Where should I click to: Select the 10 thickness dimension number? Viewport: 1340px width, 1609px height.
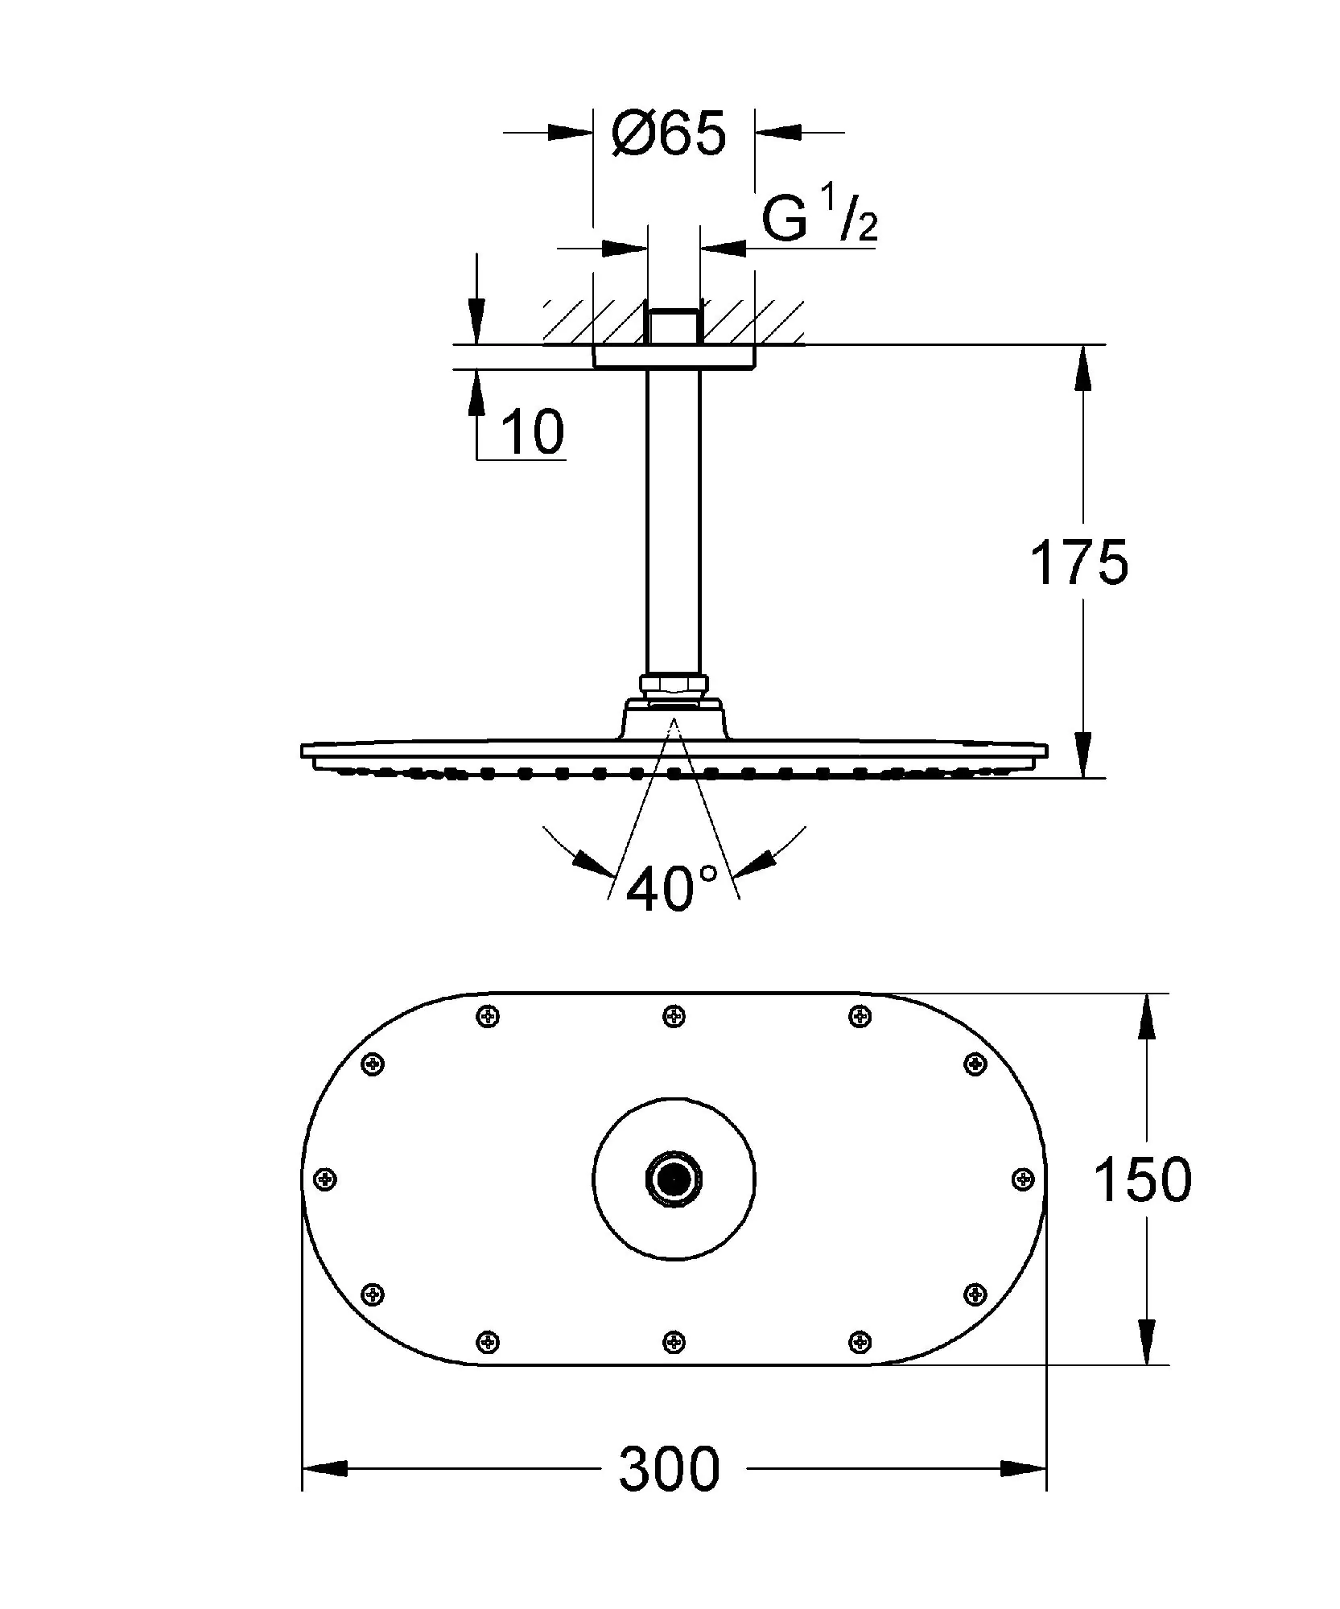(x=532, y=432)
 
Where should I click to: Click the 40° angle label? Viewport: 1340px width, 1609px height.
(x=671, y=889)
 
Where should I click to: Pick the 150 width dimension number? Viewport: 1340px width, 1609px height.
(x=1141, y=1180)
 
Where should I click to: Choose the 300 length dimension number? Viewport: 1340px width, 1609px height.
(x=669, y=1469)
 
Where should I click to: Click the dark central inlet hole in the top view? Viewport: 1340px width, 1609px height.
(x=673, y=1179)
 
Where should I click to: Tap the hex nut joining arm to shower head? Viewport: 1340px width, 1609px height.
(x=674, y=685)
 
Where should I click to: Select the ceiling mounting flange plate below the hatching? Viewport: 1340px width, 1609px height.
(x=674, y=356)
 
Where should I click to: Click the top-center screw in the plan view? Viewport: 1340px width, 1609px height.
(x=674, y=1017)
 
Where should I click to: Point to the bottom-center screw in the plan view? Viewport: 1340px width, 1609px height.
(x=674, y=1341)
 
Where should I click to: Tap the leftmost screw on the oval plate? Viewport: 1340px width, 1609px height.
(x=326, y=1179)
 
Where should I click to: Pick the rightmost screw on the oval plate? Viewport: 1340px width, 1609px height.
(x=1022, y=1179)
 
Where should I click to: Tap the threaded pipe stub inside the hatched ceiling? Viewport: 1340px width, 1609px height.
(x=674, y=327)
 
